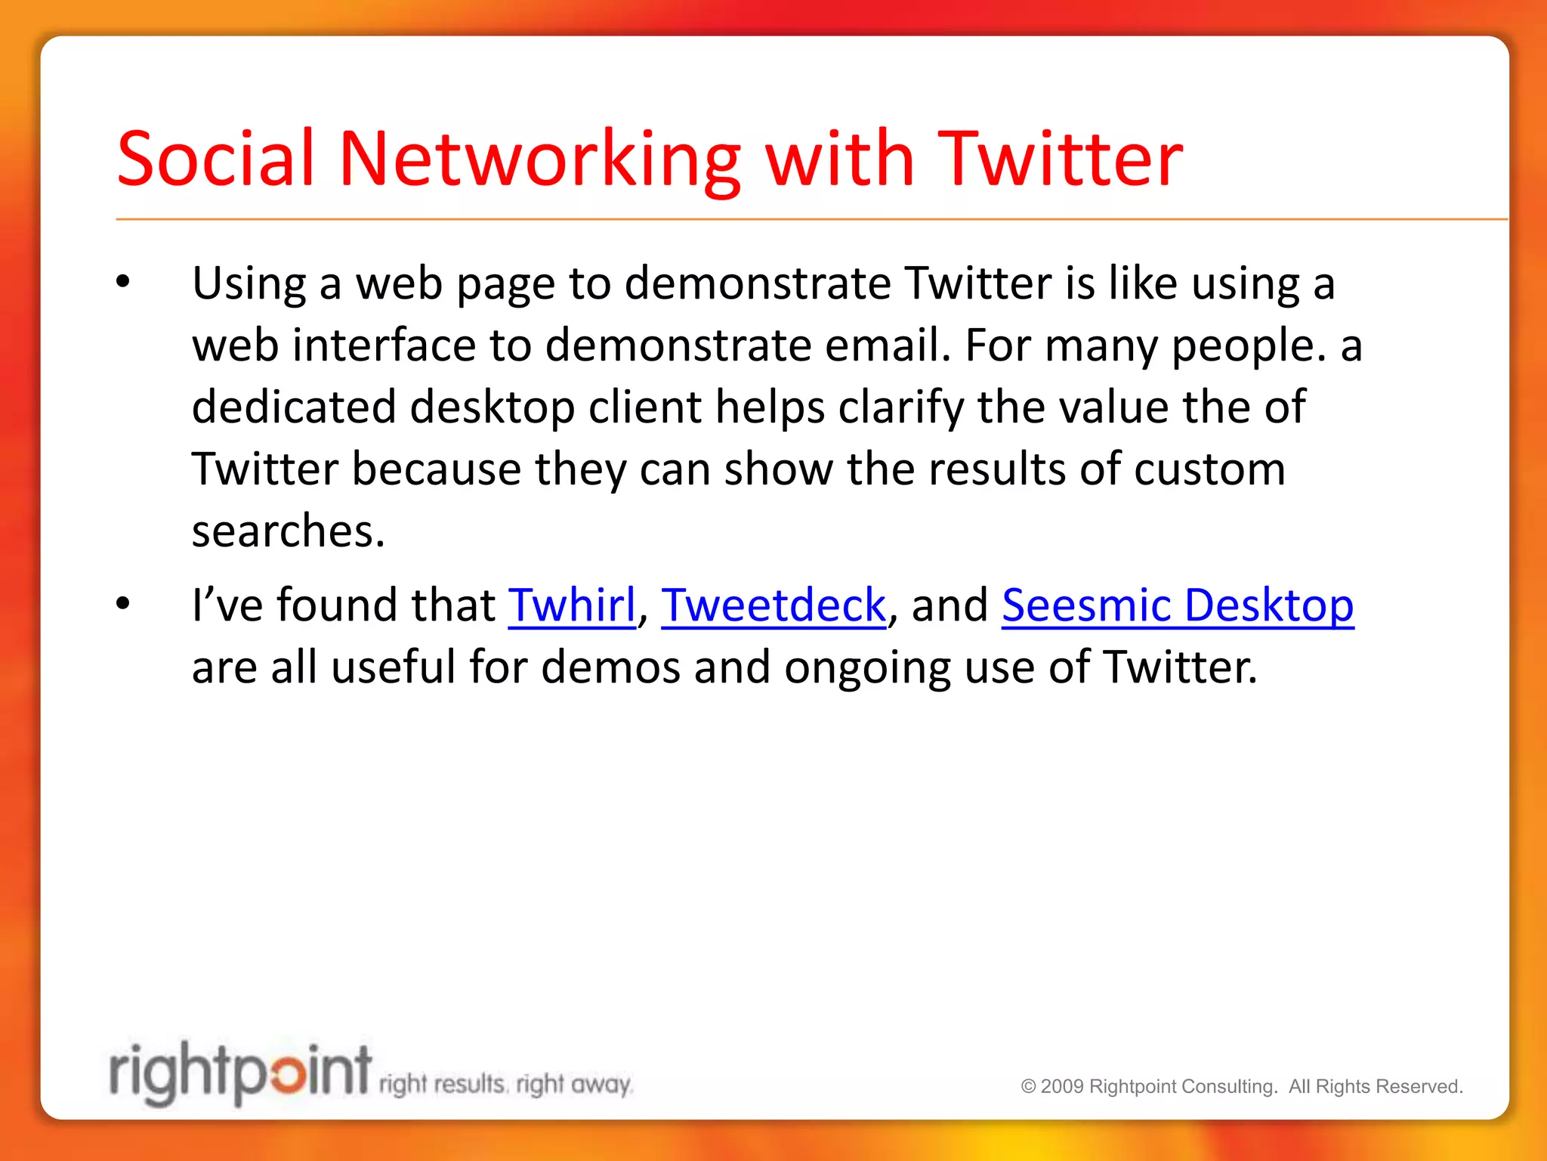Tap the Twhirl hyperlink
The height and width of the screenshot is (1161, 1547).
point(572,605)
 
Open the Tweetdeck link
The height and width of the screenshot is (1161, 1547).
point(773,605)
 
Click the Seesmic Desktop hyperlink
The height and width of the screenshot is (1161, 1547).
point(1178,605)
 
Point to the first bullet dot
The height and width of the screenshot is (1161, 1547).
point(123,283)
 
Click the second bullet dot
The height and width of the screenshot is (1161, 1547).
point(123,604)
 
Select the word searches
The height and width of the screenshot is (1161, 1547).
point(288,531)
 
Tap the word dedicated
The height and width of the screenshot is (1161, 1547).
point(294,407)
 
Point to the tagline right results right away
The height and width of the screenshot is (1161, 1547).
point(505,1085)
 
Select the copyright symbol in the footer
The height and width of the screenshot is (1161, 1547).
point(1028,1087)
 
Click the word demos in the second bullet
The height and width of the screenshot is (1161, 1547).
point(611,667)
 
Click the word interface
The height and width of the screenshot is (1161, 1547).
point(384,345)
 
